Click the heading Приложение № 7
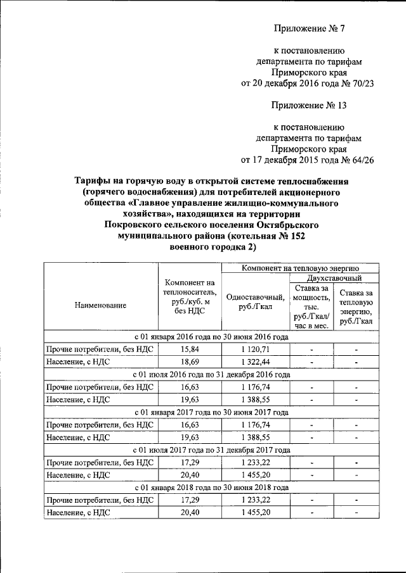[308, 28]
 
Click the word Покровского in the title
[136, 225]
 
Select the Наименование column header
[99, 305]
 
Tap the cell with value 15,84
[190, 349]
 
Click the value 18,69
[190, 362]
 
